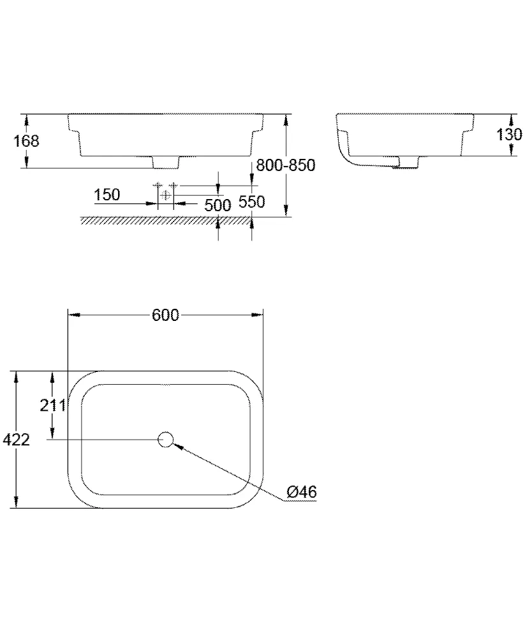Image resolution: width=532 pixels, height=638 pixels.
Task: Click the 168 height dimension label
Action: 27,141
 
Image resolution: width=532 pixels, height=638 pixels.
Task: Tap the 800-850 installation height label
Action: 285,165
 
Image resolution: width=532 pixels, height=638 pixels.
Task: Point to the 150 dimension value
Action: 107,195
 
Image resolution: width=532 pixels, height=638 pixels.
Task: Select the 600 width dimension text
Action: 166,315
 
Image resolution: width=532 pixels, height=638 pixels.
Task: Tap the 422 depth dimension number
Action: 16,440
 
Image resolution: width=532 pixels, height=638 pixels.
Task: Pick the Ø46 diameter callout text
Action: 302,492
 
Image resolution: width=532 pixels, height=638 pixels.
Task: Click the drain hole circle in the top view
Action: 165,439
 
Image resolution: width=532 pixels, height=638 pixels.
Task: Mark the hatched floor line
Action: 166,220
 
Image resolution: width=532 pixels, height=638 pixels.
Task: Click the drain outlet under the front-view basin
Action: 166,163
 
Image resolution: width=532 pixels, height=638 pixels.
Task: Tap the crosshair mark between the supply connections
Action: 166,195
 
